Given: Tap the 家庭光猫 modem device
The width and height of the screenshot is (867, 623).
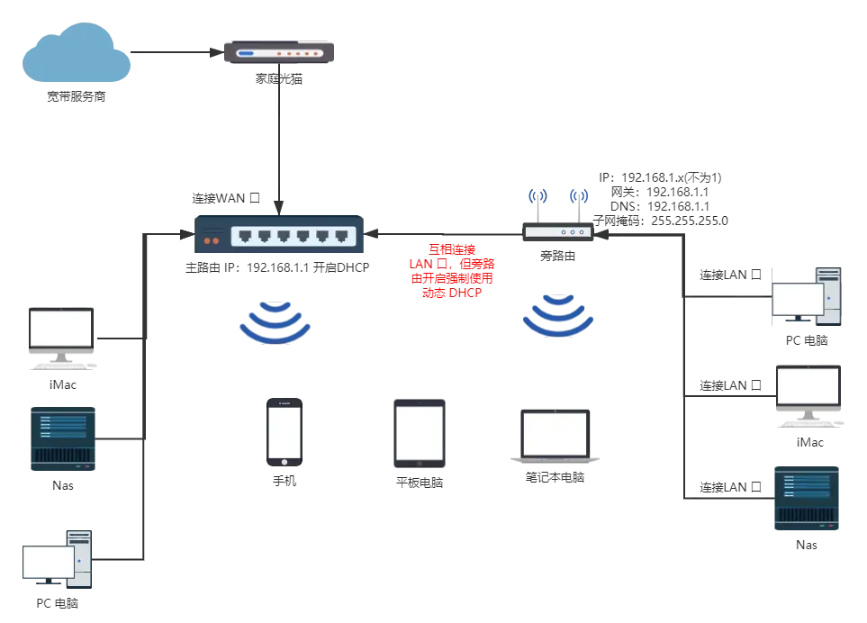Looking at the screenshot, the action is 279,52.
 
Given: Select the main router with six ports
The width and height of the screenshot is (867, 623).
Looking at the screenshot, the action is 279,234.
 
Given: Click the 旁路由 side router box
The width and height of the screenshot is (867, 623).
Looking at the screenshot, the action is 558,231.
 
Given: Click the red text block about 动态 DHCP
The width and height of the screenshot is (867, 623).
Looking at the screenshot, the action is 452,271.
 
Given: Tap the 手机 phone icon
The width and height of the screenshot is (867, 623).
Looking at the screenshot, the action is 284,432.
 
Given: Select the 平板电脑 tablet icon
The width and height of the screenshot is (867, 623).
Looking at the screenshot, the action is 420,433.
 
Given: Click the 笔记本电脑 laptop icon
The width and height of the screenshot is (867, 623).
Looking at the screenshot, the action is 555,436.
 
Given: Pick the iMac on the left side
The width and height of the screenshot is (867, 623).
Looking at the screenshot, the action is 61,339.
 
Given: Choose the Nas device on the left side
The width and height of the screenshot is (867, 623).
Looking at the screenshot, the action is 63,439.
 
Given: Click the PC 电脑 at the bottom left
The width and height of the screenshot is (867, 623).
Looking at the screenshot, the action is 58,559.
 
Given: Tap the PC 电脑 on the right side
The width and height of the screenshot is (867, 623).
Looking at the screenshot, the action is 806,296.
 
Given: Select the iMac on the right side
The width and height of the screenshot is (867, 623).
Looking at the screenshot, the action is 809,396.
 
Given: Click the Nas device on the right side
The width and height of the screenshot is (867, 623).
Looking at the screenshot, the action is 807,499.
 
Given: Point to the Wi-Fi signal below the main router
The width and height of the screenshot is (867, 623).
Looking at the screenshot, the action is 275,322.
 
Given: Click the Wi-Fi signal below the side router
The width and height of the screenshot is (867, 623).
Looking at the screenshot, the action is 558,316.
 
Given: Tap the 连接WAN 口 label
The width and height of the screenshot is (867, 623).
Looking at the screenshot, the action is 226,198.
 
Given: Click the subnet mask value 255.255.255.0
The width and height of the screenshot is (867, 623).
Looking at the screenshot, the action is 690,221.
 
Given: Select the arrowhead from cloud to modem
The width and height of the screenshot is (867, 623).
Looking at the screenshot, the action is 217,52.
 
